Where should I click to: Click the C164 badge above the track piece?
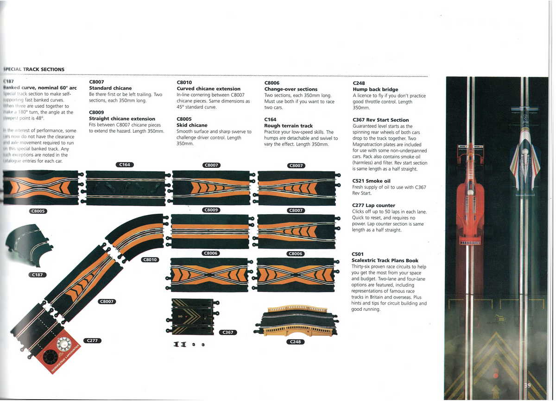[125, 165]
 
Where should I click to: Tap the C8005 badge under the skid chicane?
[38, 211]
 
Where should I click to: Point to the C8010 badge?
[150, 259]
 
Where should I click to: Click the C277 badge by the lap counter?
[92, 341]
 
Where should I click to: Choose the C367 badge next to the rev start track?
[228, 332]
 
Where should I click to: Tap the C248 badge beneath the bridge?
[295, 342]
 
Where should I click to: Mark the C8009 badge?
[211, 210]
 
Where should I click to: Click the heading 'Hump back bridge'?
[375, 89]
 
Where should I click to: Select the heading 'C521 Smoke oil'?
[371, 181]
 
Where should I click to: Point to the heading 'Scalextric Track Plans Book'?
[385, 260]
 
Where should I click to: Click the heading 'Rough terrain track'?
[288, 126]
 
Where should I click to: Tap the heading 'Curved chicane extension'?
[208, 89]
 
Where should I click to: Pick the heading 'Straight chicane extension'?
[122, 119]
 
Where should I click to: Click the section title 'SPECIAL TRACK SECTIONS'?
[34, 69]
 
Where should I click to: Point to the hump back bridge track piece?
[295, 321]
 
